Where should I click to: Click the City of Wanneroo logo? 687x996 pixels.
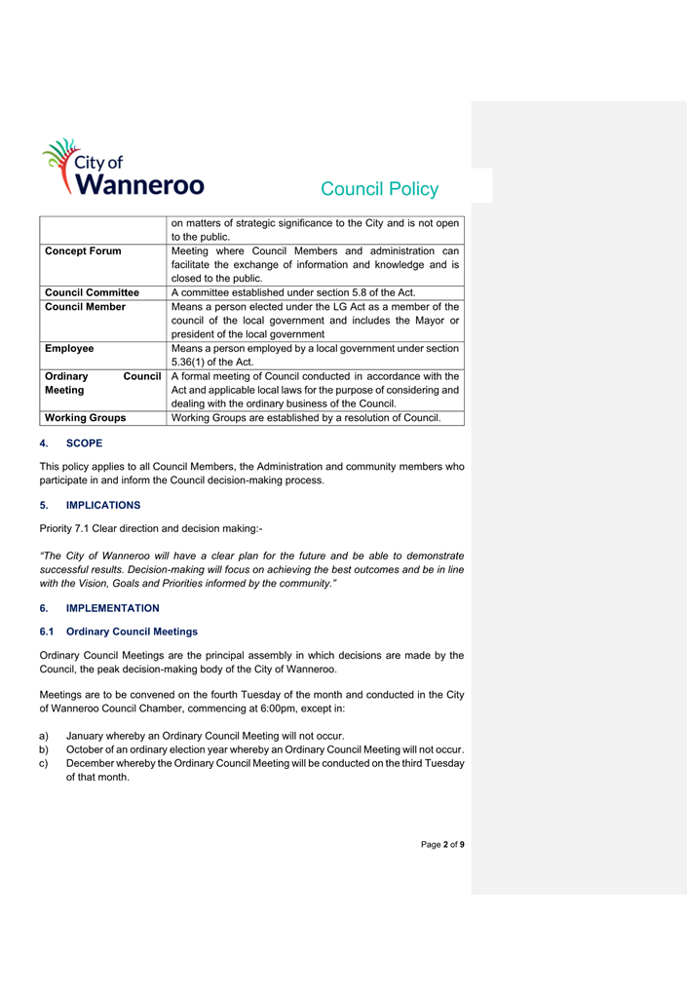pyautogui.click(x=121, y=168)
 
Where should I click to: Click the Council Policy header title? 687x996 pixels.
pyautogui.click(x=379, y=189)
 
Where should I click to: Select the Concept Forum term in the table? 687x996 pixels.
pyautogui.click(x=84, y=251)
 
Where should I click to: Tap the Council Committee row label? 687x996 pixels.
pyautogui.click(x=93, y=292)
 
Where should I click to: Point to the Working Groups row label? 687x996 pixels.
pyautogui.click(x=86, y=418)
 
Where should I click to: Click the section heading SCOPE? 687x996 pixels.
pyautogui.click(x=84, y=443)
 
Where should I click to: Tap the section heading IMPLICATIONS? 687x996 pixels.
pyautogui.click(x=102, y=505)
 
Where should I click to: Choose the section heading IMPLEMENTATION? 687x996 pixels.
pyautogui.click(x=112, y=608)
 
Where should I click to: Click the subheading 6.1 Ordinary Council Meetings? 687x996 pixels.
pyautogui.click(x=132, y=632)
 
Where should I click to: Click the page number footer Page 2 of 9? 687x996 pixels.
pyautogui.click(x=442, y=844)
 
